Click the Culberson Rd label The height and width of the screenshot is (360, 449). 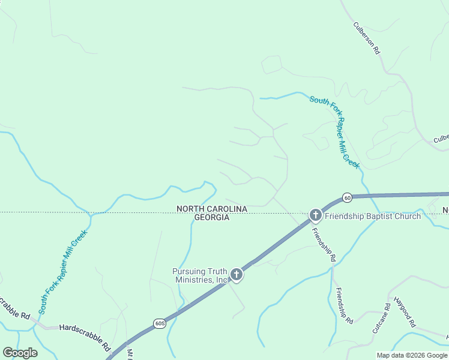(367, 39)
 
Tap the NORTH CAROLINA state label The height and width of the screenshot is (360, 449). (211, 209)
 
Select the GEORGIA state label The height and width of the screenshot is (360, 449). (211, 217)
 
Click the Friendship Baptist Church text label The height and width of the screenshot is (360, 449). (373, 216)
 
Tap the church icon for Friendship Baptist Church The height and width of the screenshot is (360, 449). (316, 215)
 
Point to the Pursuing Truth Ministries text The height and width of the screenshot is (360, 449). (201, 275)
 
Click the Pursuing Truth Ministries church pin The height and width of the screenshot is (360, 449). (237, 275)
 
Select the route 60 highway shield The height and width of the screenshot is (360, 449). (347, 197)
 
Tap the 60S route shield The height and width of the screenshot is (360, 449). (159, 323)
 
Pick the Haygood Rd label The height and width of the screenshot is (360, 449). (404, 312)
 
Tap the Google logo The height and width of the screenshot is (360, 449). (20, 353)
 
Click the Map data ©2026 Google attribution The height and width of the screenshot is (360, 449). (412, 355)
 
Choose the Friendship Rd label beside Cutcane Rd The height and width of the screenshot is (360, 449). (344, 306)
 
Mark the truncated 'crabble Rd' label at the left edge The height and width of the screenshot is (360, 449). (13, 308)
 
